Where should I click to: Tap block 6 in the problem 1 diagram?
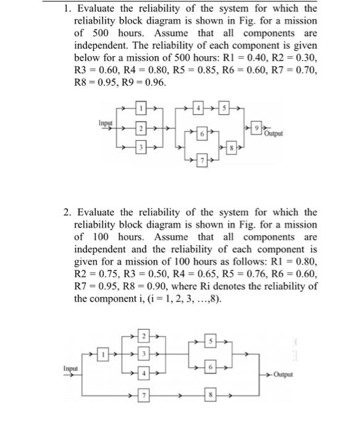pos(201,133)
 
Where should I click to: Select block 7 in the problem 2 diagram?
pos(143,394)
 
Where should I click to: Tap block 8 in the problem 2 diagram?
pos(211,394)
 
